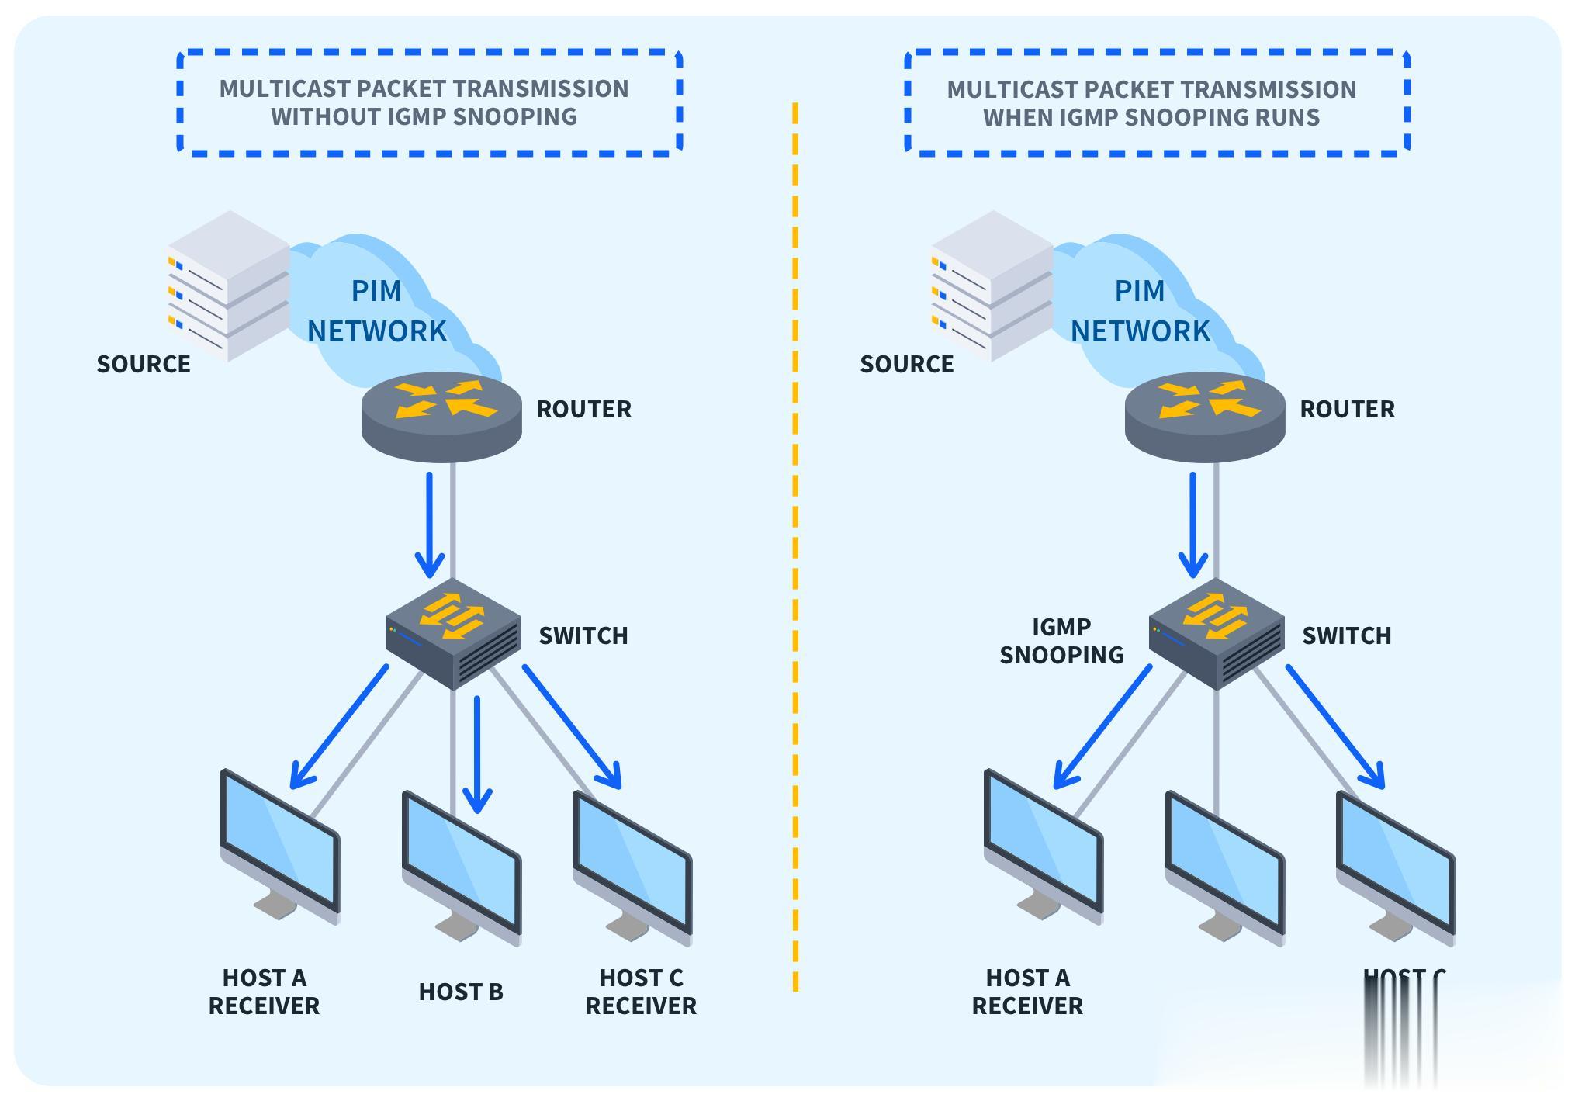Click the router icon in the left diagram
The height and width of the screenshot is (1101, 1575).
point(441,416)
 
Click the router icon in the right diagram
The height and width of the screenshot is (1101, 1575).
point(1205,416)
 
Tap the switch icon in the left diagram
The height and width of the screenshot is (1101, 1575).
point(453,633)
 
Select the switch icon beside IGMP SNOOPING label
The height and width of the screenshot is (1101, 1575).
point(1217,633)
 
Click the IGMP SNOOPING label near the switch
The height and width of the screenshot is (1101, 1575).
point(1061,641)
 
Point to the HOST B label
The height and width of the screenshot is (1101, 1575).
point(461,992)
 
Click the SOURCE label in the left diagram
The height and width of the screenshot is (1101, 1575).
point(144,364)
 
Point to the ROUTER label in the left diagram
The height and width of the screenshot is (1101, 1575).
point(584,409)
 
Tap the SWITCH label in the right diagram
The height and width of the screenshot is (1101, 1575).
point(1347,635)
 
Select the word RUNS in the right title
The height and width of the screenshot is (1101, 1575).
point(1284,117)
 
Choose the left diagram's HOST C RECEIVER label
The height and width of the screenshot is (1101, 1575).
point(641,992)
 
